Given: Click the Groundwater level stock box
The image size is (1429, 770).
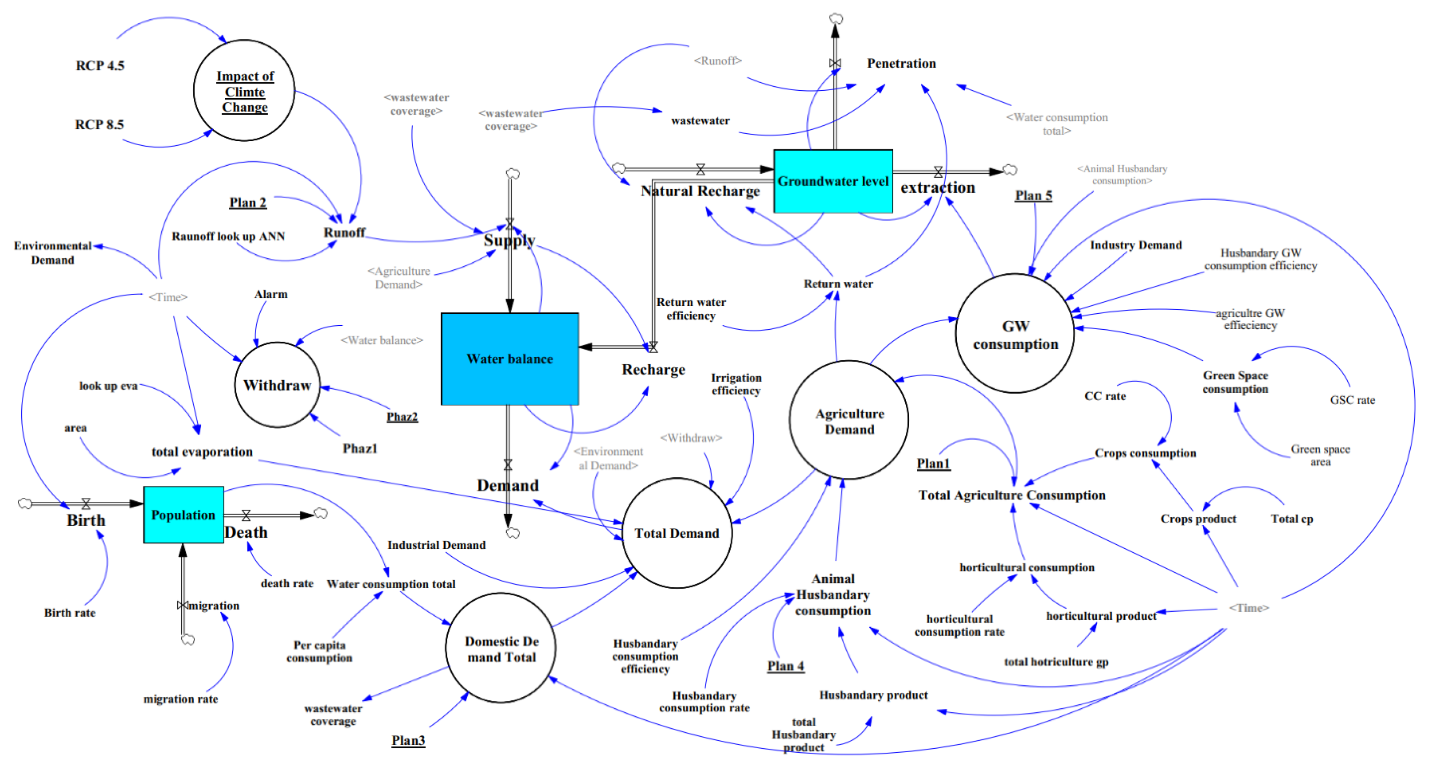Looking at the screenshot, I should (833, 181).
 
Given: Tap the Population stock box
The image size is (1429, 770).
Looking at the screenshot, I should (183, 515).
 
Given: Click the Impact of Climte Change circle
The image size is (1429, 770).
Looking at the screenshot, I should (244, 91).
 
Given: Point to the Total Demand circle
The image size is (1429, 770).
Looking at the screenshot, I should (676, 533).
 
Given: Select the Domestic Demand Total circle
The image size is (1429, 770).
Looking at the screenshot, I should (500, 648).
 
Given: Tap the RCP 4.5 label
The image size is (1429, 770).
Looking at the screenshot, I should (100, 65).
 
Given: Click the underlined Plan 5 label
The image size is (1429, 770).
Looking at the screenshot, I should (1033, 195).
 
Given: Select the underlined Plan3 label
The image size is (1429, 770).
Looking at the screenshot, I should (408, 740).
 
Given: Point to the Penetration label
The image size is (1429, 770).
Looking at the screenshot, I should (901, 64).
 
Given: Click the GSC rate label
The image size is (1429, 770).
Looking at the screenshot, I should (1352, 400).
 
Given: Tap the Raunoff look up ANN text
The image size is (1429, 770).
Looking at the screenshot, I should (228, 237).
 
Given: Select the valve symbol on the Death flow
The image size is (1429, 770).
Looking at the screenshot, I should (246, 515).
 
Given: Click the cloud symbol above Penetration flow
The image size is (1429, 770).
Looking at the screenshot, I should (836, 19).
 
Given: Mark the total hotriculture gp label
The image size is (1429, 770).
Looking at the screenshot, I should (1056, 662).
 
